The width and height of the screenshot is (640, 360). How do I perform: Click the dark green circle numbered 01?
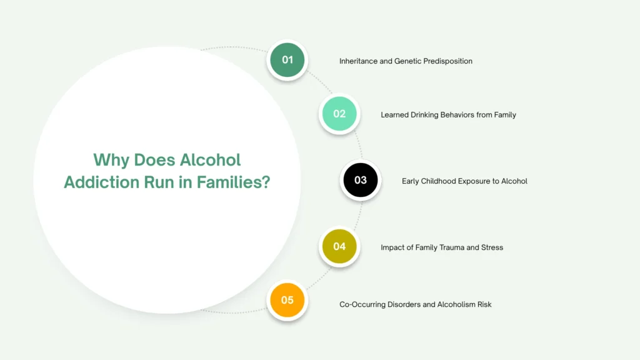(287, 60)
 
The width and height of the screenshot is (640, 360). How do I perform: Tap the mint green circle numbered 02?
(339, 114)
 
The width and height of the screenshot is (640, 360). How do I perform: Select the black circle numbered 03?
(361, 180)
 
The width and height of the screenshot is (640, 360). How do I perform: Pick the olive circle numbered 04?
(339, 246)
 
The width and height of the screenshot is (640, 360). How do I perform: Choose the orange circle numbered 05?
(287, 300)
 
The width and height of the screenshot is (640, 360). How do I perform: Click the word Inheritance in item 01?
(359, 61)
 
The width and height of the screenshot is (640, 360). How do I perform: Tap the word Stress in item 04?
(492, 247)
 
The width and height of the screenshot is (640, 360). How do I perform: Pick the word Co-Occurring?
(361, 304)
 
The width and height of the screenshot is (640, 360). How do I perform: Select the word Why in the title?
(109, 160)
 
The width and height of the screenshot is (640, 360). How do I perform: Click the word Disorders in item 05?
(401, 304)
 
